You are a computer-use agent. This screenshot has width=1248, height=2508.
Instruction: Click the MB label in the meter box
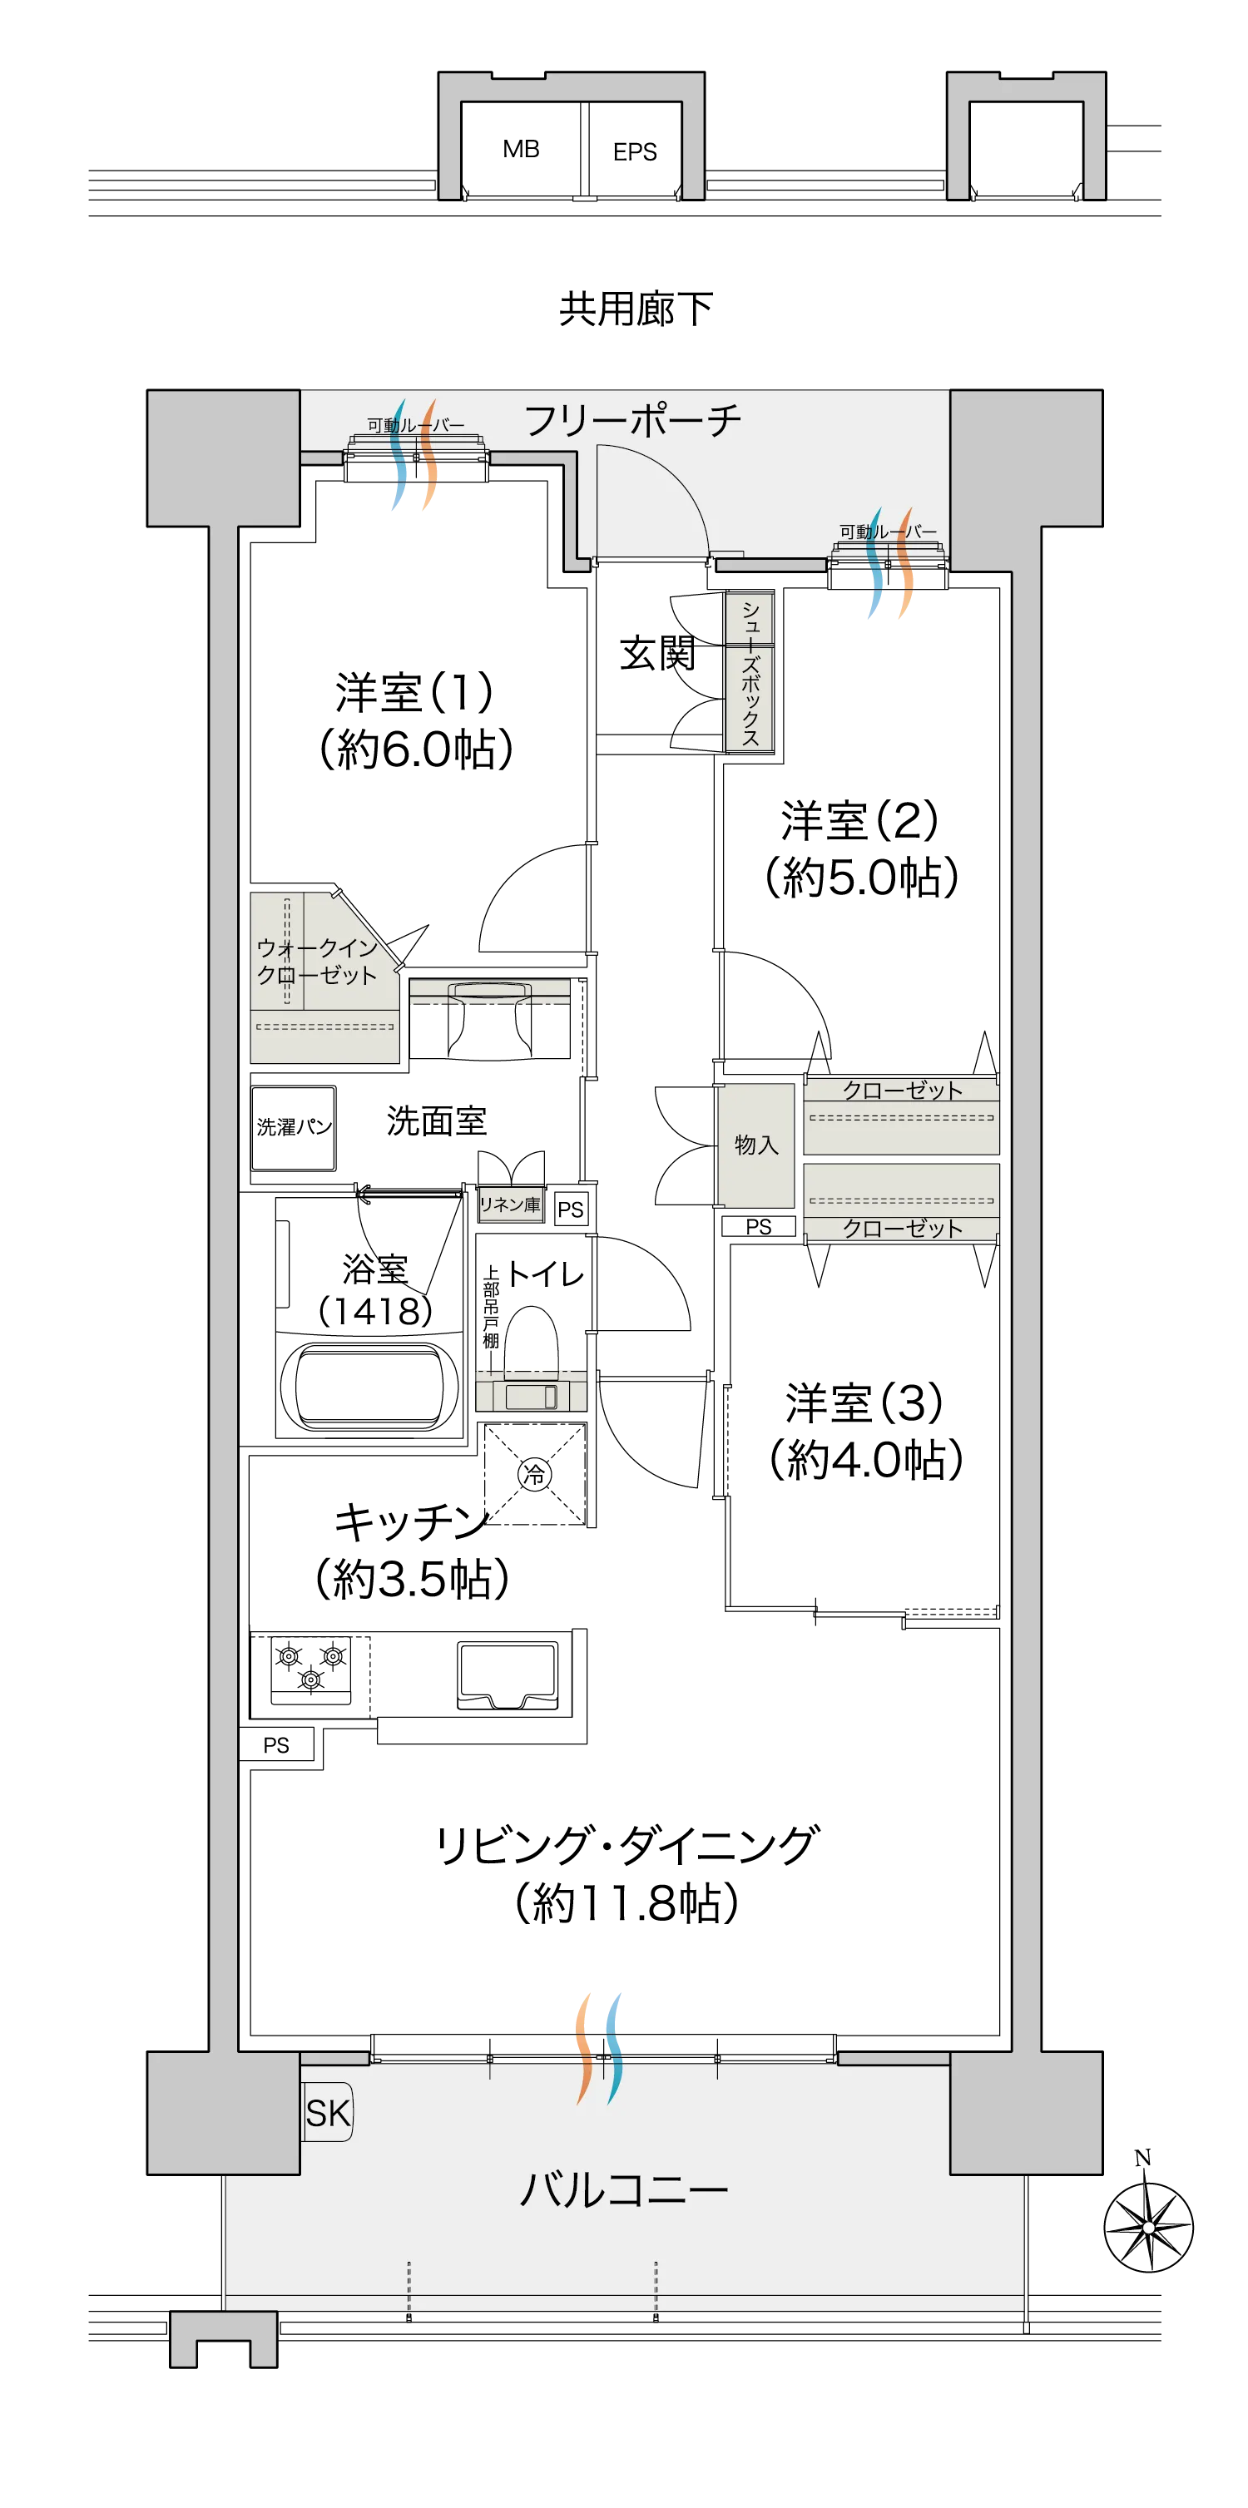pyautogui.click(x=521, y=149)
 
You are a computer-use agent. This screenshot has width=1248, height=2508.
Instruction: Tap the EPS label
pyautogui.click(x=635, y=152)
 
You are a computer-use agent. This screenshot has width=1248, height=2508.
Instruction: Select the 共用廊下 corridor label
pyautogui.click(x=636, y=309)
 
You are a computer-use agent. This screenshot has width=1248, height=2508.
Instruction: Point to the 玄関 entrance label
pyautogui.click(x=658, y=653)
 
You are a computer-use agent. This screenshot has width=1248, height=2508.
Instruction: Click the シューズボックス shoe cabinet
pyautogui.click(x=750, y=672)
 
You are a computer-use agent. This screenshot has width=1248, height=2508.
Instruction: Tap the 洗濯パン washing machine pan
pyautogui.click(x=294, y=1127)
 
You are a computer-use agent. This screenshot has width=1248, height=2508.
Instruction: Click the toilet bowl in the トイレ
pyautogui.click(x=532, y=1343)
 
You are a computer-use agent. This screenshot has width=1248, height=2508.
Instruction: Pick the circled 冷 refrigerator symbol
pyautogui.click(x=534, y=1474)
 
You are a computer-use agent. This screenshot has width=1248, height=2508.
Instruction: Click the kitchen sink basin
pyautogui.click(x=508, y=1674)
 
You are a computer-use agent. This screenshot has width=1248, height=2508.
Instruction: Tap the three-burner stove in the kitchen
pyautogui.click(x=310, y=1669)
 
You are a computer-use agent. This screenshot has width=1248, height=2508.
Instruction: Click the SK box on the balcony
pyautogui.click(x=328, y=2113)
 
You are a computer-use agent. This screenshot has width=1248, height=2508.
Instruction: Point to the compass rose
pyautogui.click(x=1149, y=2226)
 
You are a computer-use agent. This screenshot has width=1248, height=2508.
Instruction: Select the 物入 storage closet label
pyautogui.click(x=756, y=1145)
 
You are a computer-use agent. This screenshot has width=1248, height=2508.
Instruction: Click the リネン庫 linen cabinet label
pyautogui.click(x=509, y=1205)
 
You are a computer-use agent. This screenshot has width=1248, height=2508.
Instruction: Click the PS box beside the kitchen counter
pyautogui.click(x=276, y=1744)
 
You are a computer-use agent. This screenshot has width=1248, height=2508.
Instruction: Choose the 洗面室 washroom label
pyautogui.click(x=436, y=1120)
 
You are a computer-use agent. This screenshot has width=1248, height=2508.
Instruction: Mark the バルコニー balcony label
pyautogui.click(x=624, y=2190)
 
